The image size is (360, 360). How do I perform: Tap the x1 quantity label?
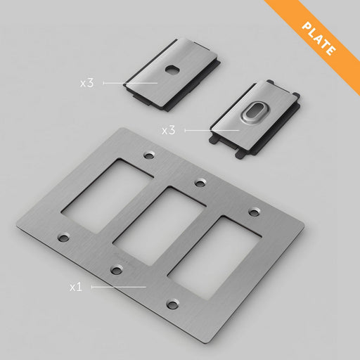[77, 288]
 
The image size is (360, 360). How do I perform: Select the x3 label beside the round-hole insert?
[86, 83]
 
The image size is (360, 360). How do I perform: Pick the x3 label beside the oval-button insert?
[168, 131]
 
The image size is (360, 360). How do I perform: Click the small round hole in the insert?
[171, 71]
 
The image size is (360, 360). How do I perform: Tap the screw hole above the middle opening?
[200, 183]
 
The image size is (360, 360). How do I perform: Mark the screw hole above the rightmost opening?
[252, 212]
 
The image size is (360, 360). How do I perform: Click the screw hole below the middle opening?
[115, 269]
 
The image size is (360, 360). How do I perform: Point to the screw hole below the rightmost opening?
[172, 304]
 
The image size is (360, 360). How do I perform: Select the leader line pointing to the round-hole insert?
[130, 83]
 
